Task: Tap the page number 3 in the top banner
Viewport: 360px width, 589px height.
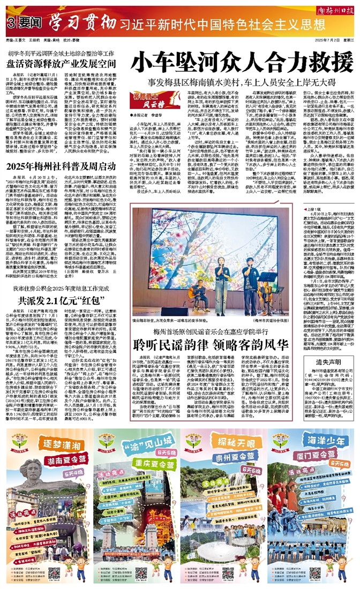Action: coord(10,24)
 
